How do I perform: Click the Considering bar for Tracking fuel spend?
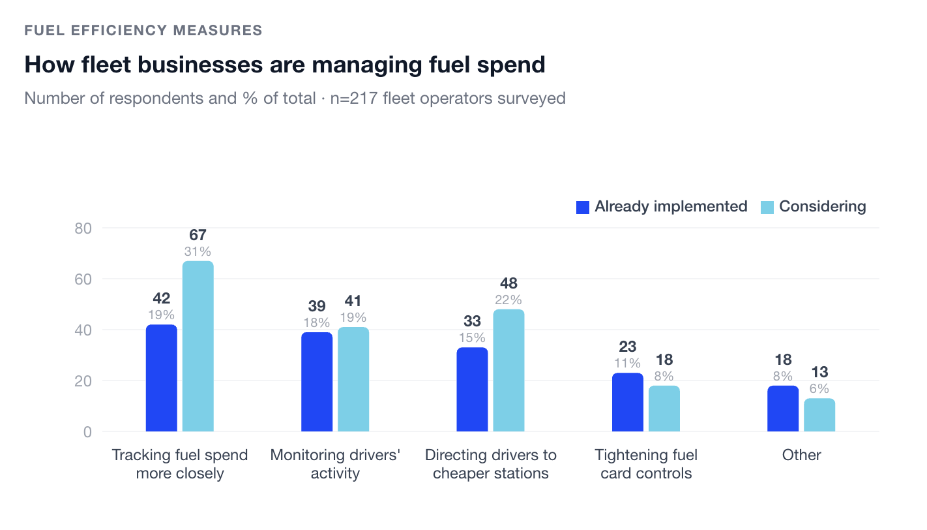tap(198, 346)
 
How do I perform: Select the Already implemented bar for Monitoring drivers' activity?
tap(317, 382)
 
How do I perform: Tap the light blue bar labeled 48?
tap(508, 370)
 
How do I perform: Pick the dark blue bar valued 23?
tap(628, 402)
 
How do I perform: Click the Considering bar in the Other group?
tap(819, 415)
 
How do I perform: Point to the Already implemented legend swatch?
tap(583, 208)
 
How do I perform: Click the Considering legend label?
tap(823, 207)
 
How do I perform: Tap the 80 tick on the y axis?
tap(83, 228)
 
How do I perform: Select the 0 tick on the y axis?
tap(87, 432)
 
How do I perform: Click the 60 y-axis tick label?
tap(83, 279)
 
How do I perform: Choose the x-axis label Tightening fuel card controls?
tap(646, 464)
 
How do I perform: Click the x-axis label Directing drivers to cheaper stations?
tap(491, 464)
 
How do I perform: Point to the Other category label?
tap(801, 456)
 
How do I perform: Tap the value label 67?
tap(198, 236)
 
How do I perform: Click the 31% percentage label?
tap(198, 252)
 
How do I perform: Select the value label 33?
tap(472, 321)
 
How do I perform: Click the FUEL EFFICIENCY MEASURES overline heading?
tap(143, 30)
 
